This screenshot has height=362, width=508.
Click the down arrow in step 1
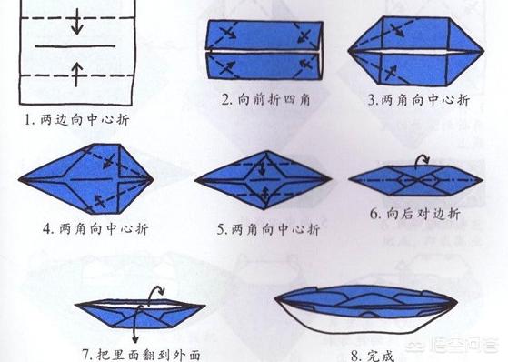pyautogui.click(x=76, y=22)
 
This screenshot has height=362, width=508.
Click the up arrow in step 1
pyautogui.click(x=76, y=75)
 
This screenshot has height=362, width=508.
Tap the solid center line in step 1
pyautogui.click(x=75, y=46)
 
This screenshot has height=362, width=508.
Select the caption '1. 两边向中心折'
pyautogui.click(x=77, y=120)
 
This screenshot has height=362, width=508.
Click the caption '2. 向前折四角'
pyautogui.click(x=265, y=99)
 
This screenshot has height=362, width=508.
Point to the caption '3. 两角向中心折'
pyautogui.click(x=419, y=100)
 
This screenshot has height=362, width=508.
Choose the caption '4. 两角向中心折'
pyautogui.click(x=95, y=228)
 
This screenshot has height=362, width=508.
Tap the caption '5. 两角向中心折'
pyautogui.click(x=268, y=229)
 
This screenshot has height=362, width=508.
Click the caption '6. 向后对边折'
pyautogui.click(x=415, y=214)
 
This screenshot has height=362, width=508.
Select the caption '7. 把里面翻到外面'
pyautogui.click(x=141, y=355)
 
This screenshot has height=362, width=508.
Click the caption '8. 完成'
pyautogui.click(x=373, y=356)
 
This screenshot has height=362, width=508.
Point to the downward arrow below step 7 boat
pyautogui.click(x=136, y=325)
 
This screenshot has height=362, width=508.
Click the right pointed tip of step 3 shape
pyautogui.click(x=483, y=51)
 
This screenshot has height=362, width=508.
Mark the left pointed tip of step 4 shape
pyautogui.click(x=19, y=179)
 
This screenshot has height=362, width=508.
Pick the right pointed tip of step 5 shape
pyautogui.click(x=331, y=179)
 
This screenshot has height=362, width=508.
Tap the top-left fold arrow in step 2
pyautogui.click(x=227, y=32)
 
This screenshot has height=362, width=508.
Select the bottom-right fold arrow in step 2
pyautogui.click(x=305, y=64)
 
